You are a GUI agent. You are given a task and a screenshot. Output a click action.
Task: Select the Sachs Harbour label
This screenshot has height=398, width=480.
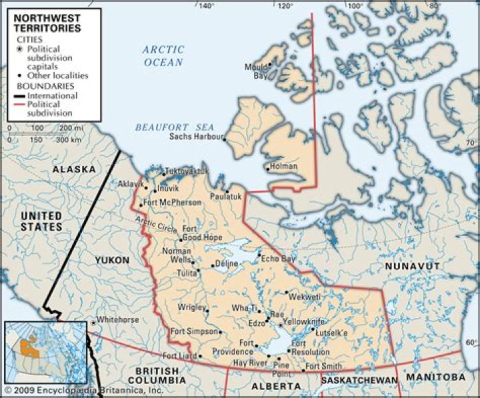(195, 136)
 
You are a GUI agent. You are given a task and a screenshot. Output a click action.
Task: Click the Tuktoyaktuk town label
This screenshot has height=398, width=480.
(187, 171)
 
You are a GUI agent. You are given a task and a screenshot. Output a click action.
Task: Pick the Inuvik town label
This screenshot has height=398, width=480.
(169, 189)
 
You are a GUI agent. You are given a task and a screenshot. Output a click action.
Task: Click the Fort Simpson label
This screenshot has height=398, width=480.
(194, 331)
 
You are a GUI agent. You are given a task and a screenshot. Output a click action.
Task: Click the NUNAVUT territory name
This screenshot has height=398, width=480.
(412, 267)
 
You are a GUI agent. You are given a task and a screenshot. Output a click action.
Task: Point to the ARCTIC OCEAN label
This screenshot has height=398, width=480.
(162, 55)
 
